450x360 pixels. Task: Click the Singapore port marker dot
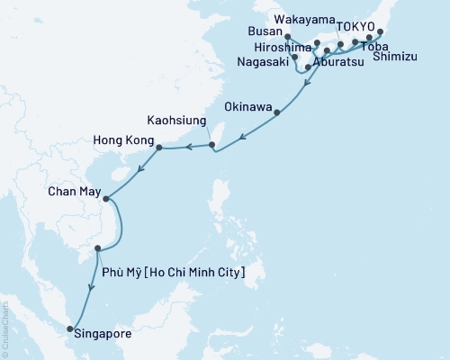pos(71,329)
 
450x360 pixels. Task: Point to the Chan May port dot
pos(105,199)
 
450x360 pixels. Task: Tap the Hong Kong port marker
pos(158,148)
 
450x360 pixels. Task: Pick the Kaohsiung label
pos(177,119)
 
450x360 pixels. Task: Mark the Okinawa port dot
pos(276,112)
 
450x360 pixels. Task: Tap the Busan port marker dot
pos(286,38)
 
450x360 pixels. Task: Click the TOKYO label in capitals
pos(355,28)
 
